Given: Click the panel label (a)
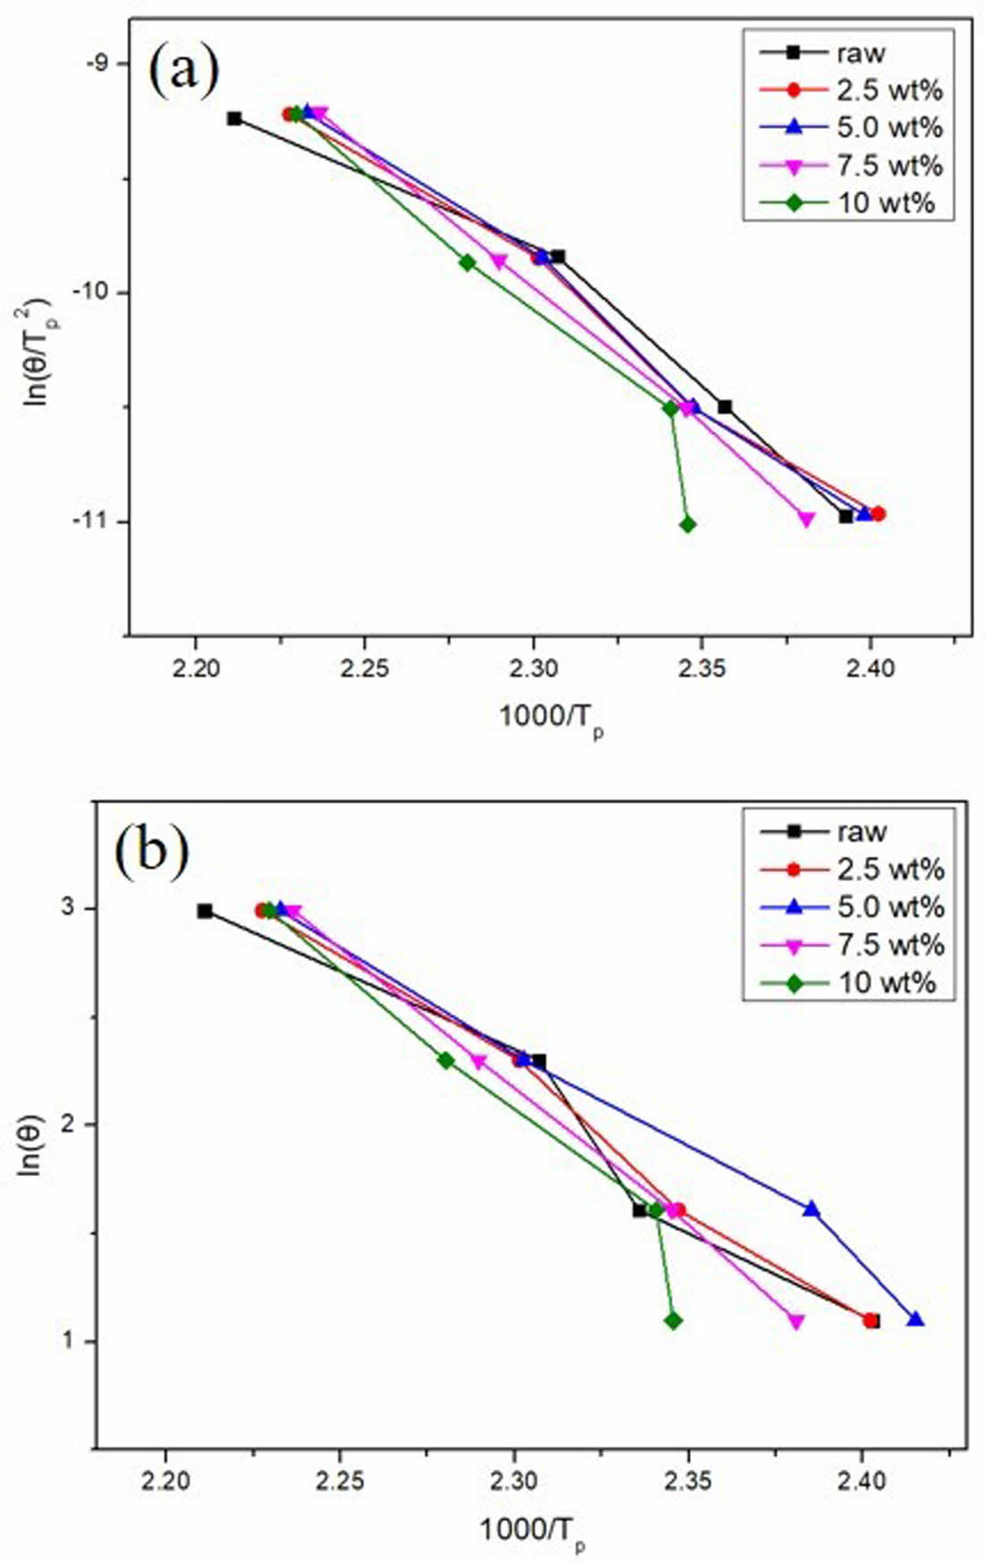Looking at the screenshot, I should tap(184, 71).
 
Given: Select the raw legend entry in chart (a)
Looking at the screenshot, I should tap(860, 53).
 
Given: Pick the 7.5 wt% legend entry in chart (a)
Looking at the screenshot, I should tap(889, 165).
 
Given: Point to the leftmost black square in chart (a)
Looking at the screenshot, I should tap(234, 118).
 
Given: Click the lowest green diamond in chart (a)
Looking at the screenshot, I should tap(687, 525).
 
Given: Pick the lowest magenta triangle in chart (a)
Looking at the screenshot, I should tap(806, 519).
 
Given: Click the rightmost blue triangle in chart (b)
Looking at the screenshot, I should tap(915, 1319).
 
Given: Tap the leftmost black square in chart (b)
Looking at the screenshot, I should tap(205, 911).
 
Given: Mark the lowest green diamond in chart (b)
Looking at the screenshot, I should tap(673, 1320).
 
